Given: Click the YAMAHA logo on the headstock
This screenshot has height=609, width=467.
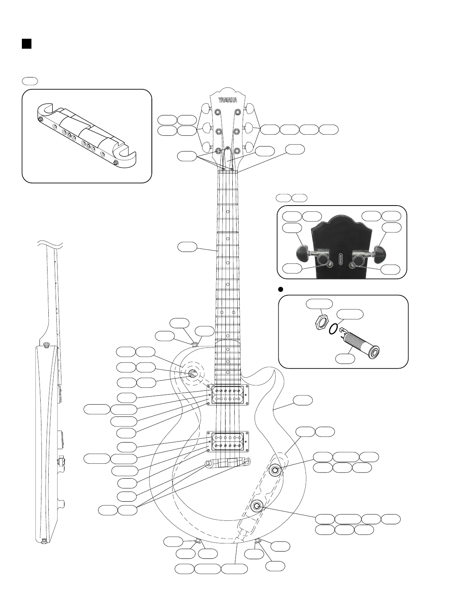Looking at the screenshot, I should pyautogui.click(x=228, y=100).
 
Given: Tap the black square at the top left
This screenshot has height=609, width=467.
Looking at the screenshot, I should pyautogui.click(x=26, y=44).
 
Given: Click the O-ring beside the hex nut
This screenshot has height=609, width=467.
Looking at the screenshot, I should pyautogui.click(x=334, y=328).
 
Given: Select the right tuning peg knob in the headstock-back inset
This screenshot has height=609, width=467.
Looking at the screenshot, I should pyautogui.click(x=380, y=252).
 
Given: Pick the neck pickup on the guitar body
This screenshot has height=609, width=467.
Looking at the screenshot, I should pyautogui.click(x=228, y=395).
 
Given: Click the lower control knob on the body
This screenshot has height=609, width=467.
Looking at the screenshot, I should pyautogui.click(x=256, y=506).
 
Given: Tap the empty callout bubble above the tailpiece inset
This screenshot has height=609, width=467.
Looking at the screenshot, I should pyautogui.click(x=30, y=81).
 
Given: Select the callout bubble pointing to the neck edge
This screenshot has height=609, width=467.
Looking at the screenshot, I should pyautogui.click(x=187, y=247).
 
